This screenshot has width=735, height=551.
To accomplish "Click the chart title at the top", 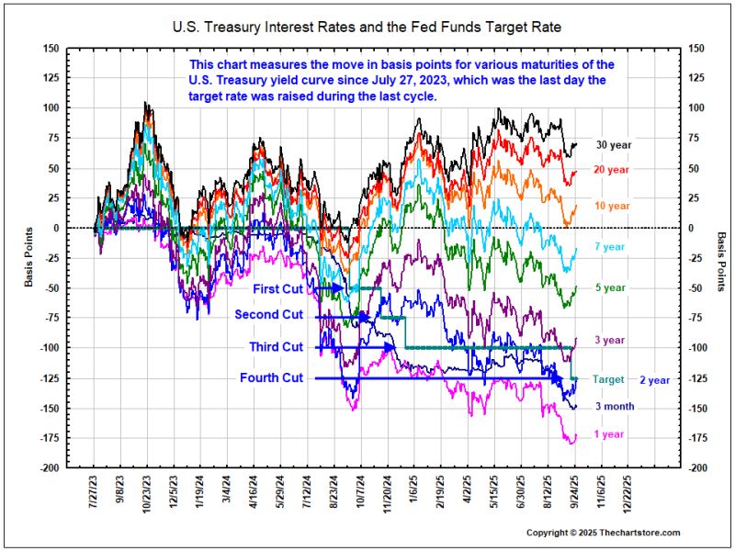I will (367, 28).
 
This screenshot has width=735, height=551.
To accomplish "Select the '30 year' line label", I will (612, 145).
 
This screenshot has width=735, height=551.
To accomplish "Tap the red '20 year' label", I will (612, 170).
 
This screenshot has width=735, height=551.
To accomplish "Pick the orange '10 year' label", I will (612, 206).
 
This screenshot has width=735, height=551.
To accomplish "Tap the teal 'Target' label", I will (608, 379).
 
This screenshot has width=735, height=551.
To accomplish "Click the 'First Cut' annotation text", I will (277, 288).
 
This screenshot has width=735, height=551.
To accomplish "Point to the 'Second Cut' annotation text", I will (268, 315).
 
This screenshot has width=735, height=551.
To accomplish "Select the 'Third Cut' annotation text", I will (276, 347).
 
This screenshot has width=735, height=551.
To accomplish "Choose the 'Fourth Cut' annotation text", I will (271, 378).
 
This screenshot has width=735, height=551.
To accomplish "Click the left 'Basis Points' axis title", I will (29, 258).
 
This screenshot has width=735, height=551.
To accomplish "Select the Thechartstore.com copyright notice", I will (603, 533).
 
